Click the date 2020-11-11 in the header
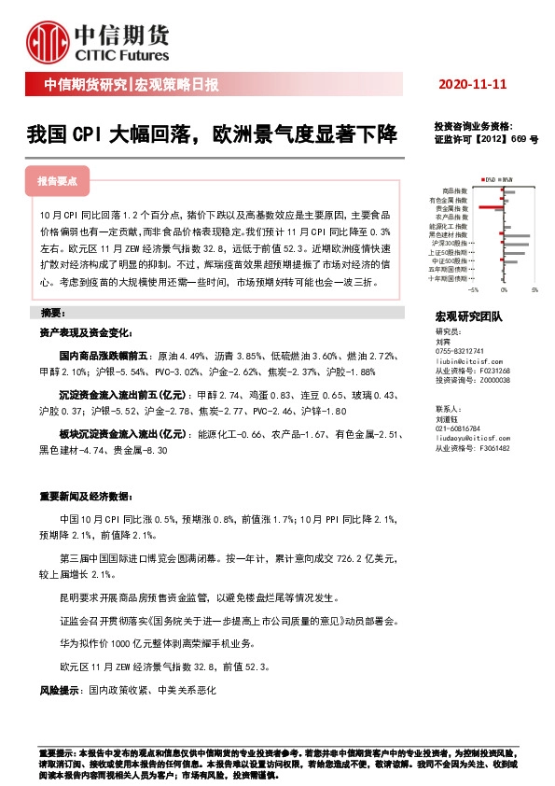pyautogui.click(x=472, y=84)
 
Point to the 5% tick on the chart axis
pyautogui.click(x=534, y=290)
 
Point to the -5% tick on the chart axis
pyautogui.click(x=473, y=290)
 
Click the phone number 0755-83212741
pyautogui.click(x=463, y=350)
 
